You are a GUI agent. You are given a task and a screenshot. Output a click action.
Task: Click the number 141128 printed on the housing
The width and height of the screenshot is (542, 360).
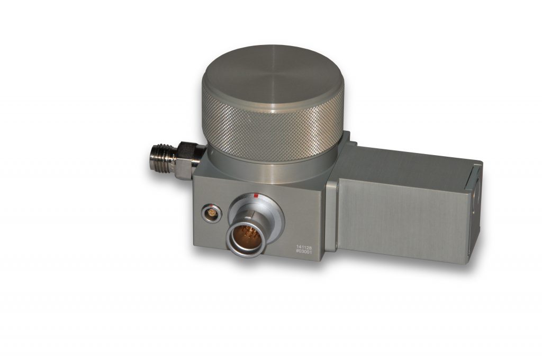(x=304, y=247)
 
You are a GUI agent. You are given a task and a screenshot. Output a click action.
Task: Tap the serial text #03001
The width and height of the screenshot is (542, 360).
(x=304, y=252)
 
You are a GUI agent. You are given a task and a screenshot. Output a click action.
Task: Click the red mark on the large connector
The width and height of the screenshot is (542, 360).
(x=256, y=196)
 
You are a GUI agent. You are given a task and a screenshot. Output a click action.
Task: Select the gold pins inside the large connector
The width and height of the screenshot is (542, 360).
(x=246, y=236)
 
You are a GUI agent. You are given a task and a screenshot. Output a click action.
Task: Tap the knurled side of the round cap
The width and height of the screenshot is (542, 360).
(x=273, y=131)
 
